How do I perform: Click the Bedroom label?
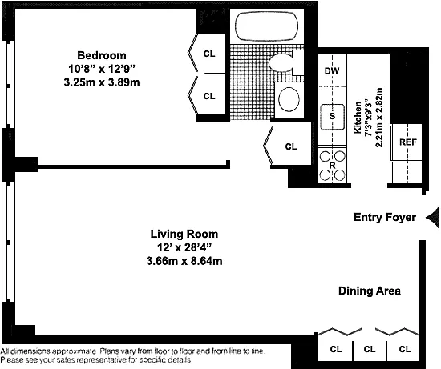pyautogui.click(x=102, y=55)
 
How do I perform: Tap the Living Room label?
pyautogui.click(x=184, y=234)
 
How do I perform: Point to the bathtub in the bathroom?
pyautogui.click(x=266, y=26)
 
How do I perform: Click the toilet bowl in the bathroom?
pyautogui.click(x=281, y=62)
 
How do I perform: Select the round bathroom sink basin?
pyautogui.click(x=289, y=99)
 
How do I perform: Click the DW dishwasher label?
pyautogui.click(x=332, y=70)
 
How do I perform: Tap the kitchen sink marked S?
pyautogui.click(x=333, y=117)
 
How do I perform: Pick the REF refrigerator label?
pyautogui.click(x=408, y=142)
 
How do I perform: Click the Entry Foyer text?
pyautogui.click(x=385, y=217)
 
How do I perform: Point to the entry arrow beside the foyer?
pyautogui.click(x=433, y=218)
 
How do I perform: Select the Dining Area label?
pyautogui.click(x=370, y=291)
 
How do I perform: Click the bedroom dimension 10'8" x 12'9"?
pyautogui.click(x=102, y=69)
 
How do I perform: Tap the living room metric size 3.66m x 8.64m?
pyautogui.click(x=184, y=261)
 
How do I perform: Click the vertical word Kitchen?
pyautogui.click(x=358, y=118)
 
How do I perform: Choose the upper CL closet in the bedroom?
pyautogui.click(x=209, y=54)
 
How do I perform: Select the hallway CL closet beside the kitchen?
pyautogui.click(x=291, y=146)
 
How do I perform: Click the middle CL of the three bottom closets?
pyautogui.click(x=370, y=349)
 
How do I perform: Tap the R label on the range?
pyautogui.click(x=332, y=166)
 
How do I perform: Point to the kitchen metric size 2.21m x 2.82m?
pyautogui.click(x=379, y=118)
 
